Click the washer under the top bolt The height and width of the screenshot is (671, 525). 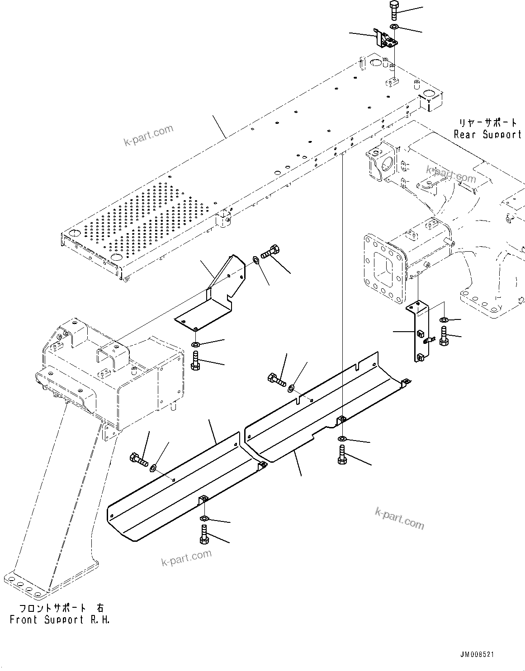(394, 28)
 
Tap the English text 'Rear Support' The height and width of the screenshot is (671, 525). (487, 135)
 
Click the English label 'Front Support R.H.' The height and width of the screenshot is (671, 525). (60, 619)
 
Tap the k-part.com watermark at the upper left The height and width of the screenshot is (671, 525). (148, 136)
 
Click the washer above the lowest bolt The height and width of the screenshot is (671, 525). (204, 517)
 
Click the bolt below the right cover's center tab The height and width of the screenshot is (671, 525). (342, 454)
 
